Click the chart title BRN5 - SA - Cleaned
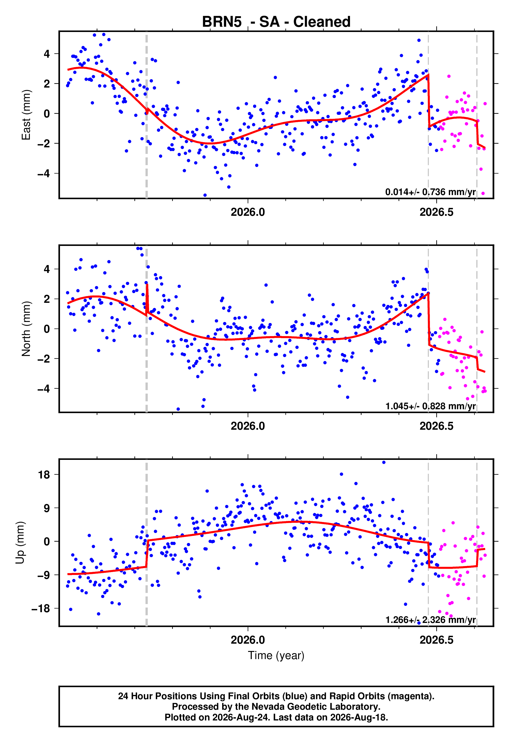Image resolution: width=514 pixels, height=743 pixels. coord(276,22)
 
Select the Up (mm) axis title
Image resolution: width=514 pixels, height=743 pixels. coord(20,543)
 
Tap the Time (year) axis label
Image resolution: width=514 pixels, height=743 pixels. coord(276,656)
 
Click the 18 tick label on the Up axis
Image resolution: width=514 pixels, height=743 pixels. coord(44,475)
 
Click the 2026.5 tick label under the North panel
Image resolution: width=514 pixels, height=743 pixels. coord(436,426)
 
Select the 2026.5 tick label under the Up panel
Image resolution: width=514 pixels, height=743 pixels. coord(436,640)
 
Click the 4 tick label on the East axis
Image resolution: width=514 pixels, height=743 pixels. coord(47,54)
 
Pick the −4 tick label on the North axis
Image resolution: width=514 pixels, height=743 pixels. coord(44,389)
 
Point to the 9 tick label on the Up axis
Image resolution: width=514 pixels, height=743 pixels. coord(47,508)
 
